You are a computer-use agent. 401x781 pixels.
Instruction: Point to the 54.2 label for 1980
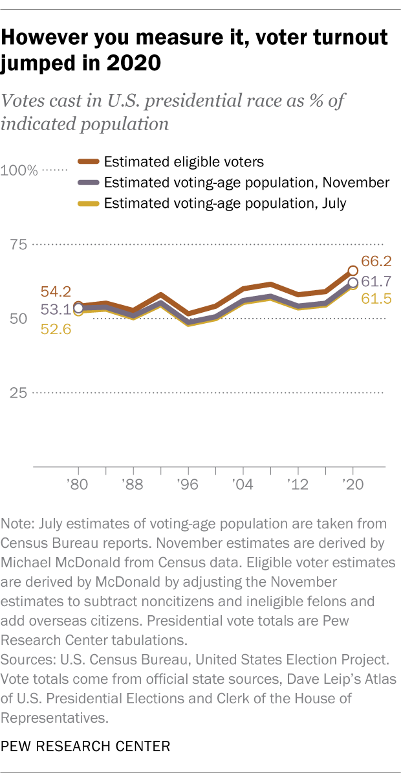tap(56, 291)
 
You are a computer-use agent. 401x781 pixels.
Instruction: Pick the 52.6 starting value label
tap(56, 328)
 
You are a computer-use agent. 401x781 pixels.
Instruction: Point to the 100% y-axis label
tap(19, 171)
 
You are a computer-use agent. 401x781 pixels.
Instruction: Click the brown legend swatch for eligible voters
tap(88, 162)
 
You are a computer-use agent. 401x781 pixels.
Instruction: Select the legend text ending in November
tap(246, 183)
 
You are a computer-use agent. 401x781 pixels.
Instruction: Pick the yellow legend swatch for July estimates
tap(88, 203)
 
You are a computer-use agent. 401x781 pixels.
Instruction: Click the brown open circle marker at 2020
tap(353, 271)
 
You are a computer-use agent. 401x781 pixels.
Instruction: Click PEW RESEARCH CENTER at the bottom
tap(86, 747)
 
